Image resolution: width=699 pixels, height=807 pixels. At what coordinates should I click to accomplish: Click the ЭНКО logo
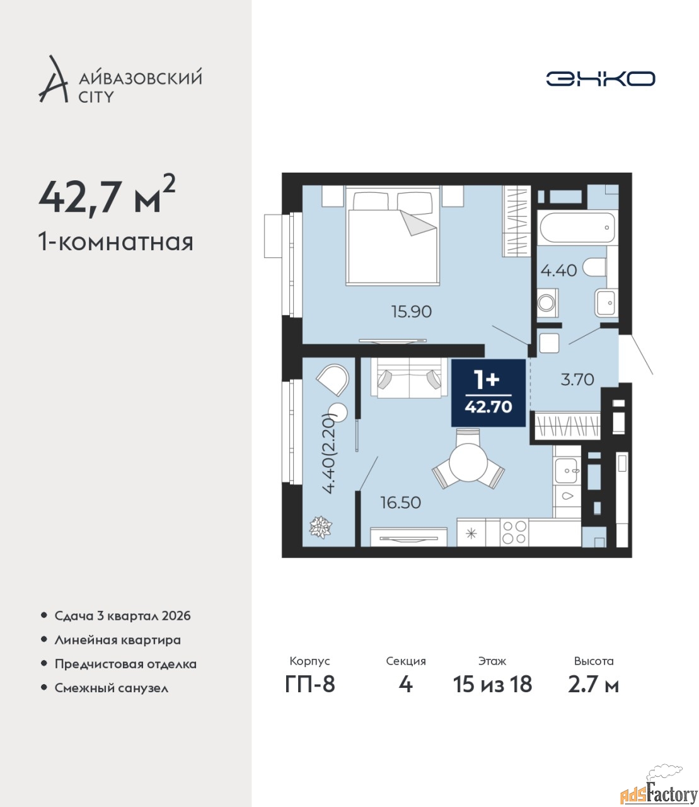[600, 79]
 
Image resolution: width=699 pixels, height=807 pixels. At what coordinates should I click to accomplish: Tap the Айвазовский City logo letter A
[54, 80]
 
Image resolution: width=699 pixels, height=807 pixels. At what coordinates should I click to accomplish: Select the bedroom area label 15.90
[412, 312]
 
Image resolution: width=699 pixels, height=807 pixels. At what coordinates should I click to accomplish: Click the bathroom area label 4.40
[558, 270]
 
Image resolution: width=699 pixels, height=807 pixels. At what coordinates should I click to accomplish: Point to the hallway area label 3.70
[577, 380]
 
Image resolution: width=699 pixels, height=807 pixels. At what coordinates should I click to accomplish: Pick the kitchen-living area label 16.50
[401, 502]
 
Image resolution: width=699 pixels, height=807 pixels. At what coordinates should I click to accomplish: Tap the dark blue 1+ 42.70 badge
[488, 393]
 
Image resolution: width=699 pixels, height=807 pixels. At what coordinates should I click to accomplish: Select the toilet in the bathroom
[594, 268]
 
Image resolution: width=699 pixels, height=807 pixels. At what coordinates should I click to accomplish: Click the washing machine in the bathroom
[547, 303]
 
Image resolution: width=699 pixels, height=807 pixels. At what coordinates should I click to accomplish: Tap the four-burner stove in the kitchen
[514, 533]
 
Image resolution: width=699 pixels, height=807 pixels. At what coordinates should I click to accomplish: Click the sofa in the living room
[410, 378]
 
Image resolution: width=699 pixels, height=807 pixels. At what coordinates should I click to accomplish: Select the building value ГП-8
[310, 685]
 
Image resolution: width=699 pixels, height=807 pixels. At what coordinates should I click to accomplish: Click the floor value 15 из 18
[492, 685]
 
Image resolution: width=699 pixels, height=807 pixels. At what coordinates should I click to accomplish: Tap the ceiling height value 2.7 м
[593, 685]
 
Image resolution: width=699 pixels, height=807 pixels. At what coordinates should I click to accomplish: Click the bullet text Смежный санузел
[111, 688]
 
